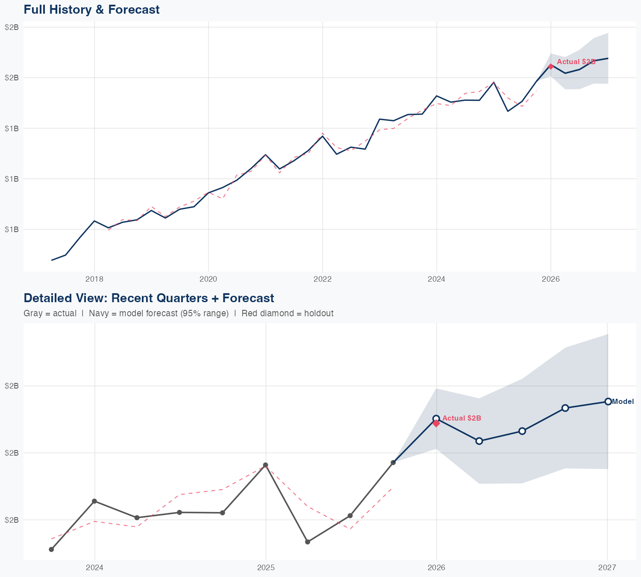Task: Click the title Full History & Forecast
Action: tap(91, 9)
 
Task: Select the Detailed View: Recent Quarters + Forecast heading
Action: tap(149, 298)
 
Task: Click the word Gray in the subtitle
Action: tap(32, 313)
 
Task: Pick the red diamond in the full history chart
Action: tap(551, 66)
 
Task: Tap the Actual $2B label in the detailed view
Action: tap(462, 418)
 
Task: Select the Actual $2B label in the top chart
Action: tap(576, 62)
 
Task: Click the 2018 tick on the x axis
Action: tap(94, 279)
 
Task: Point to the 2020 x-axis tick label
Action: tap(209, 279)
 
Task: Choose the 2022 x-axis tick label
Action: tap(323, 279)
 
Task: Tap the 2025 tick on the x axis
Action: tap(266, 568)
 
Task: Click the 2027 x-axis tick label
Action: tap(607, 568)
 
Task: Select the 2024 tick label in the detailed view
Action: tap(94, 568)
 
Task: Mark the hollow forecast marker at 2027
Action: tap(608, 401)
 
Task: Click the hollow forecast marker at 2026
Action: tap(436, 418)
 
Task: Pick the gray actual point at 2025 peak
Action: tap(265, 465)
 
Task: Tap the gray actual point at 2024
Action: tap(94, 501)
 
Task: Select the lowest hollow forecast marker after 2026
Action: tap(479, 441)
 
